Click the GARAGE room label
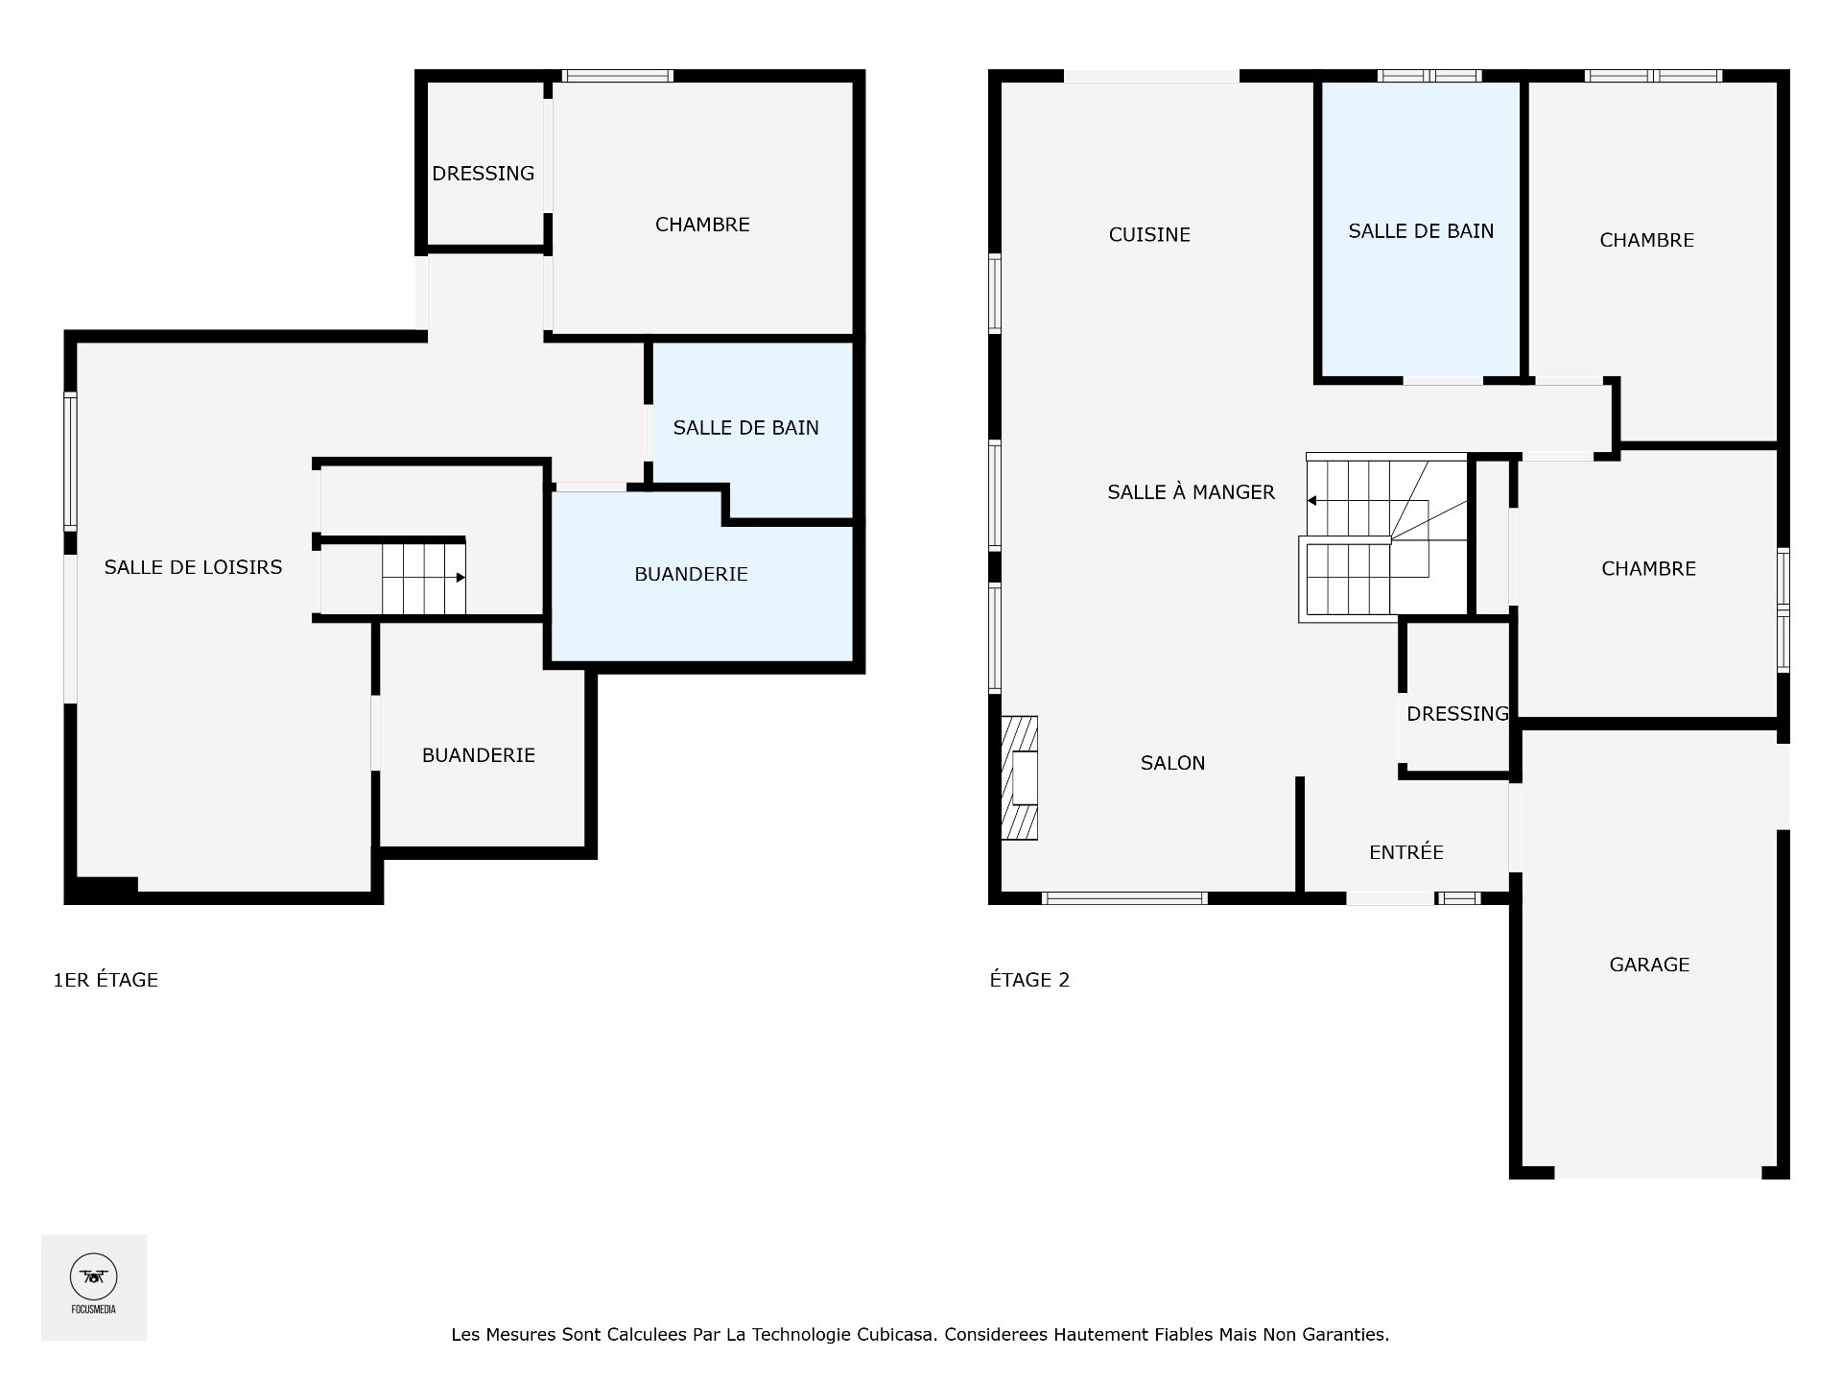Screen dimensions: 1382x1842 click(x=1649, y=965)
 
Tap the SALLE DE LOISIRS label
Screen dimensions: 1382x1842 click(x=193, y=567)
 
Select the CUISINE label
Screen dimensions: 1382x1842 click(x=1149, y=235)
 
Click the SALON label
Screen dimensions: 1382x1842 click(x=1172, y=763)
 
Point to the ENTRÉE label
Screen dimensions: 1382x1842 click(x=1405, y=852)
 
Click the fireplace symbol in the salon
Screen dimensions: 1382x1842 click(x=1020, y=778)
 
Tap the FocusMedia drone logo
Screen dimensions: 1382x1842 click(x=94, y=1277)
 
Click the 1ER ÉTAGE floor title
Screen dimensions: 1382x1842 click(x=106, y=980)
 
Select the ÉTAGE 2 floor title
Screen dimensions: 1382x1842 click(x=1029, y=980)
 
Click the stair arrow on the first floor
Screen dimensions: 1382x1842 click(x=460, y=578)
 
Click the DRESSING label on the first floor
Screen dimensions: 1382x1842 click(x=483, y=174)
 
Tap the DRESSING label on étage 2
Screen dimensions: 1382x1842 click(x=1457, y=714)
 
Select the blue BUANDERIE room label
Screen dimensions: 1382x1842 click(x=691, y=574)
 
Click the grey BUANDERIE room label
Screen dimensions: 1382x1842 click(x=478, y=755)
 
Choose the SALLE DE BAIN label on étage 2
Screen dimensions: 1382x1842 click(x=1421, y=231)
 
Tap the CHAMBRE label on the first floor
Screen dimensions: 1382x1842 click(x=702, y=225)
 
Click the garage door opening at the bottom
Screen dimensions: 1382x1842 click(x=1657, y=1172)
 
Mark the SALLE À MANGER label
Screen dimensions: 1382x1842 click(x=1191, y=492)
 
